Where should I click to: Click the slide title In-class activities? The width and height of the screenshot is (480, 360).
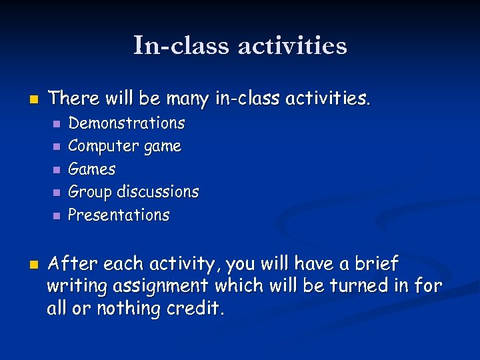(240, 45)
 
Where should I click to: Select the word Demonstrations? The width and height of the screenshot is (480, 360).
(127, 123)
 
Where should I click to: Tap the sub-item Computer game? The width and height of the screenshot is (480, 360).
(125, 146)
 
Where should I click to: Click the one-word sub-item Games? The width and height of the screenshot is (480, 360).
(92, 169)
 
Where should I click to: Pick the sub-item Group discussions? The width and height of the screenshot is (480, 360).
(133, 192)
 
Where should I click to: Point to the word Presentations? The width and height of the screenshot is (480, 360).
(119, 215)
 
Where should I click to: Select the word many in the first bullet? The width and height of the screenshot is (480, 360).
(187, 99)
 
